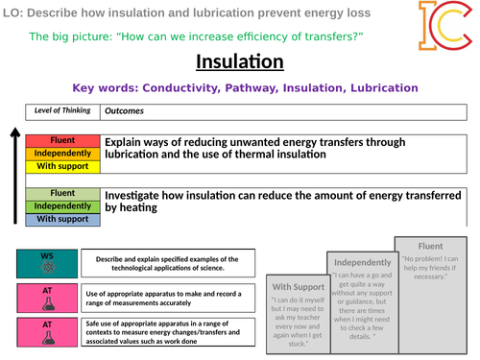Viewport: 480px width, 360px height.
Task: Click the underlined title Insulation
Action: tap(239, 62)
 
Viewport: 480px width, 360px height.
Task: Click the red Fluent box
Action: tap(61, 140)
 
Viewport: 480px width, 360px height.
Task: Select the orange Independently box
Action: tap(61, 153)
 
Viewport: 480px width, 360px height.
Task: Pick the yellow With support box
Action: tap(61, 165)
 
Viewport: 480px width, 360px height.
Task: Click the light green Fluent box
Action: tap(61, 193)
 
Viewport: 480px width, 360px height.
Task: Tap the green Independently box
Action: tap(61, 205)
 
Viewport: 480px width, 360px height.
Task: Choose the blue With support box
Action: tap(61, 219)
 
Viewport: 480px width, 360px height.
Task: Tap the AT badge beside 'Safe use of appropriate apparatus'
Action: tap(47, 326)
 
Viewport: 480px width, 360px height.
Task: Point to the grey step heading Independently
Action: tap(362, 262)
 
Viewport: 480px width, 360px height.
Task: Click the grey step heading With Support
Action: tap(297, 286)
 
